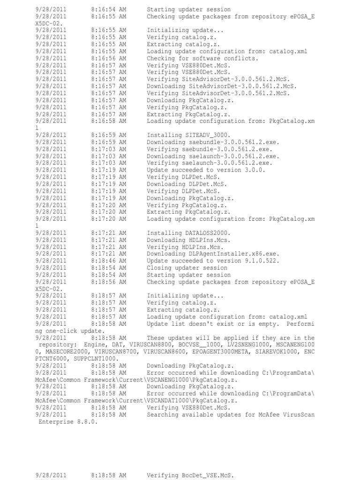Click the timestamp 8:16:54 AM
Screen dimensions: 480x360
click(109, 9)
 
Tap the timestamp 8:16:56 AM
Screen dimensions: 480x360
click(109, 59)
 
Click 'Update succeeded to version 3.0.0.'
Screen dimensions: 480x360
click(206, 170)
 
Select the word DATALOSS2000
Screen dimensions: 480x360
click(204, 233)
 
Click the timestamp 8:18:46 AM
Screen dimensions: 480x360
click(109, 261)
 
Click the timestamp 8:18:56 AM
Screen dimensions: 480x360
click(109, 282)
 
